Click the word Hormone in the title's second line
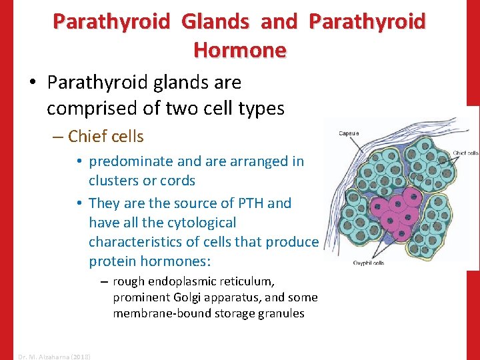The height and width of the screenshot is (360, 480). [x=239, y=49]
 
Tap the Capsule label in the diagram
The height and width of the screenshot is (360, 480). [x=348, y=133]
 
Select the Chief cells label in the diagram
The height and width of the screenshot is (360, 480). [x=465, y=153]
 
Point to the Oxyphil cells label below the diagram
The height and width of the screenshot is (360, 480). [x=369, y=263]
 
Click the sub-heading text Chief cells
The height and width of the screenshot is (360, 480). [x=106, y=137]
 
